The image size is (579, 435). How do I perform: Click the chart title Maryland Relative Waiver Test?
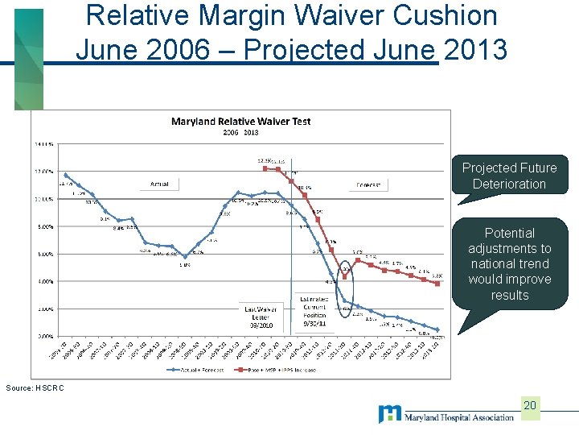tap(240, 122)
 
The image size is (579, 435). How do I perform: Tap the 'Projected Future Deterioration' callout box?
tap(509, 176)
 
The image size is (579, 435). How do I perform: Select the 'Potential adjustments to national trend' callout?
tap(509, 263)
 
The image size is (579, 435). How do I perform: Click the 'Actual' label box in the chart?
tap(159, 184)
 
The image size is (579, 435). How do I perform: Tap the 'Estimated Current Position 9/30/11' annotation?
tap(314, 310)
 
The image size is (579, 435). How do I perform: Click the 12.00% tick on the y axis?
tap(43, 171)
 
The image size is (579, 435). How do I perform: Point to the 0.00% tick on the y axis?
tap(43, 336)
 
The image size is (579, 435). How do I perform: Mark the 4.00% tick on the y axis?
tap(43, 281)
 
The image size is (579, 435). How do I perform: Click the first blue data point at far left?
tap(66, 175)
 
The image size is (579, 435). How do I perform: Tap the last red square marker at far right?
tap(437, 283)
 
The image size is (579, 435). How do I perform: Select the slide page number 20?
tap(529, 404)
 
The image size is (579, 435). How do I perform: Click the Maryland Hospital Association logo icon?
tap(389, 414)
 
